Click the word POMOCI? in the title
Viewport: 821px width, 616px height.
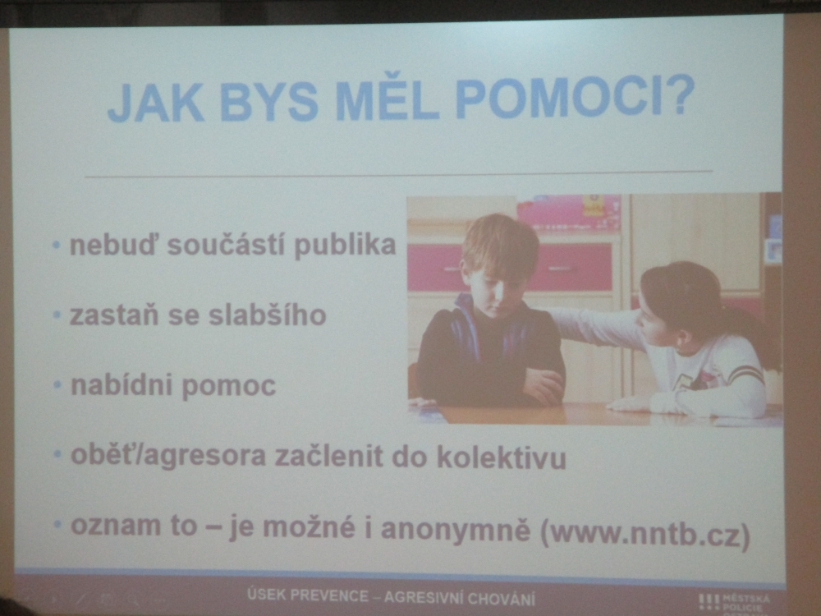(575, 97)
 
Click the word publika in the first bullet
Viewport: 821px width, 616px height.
(345, 245)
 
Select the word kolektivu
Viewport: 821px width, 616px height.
(502, 457)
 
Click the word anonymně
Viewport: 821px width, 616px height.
(456, 529)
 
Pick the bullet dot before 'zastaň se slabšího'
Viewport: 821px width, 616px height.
(57, 315)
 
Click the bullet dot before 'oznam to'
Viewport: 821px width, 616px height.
(57, 524)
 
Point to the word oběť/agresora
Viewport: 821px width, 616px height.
(168, 455)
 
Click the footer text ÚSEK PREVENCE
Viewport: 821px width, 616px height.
(308, 595)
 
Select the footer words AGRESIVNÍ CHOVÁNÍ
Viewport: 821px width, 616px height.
(460, 598)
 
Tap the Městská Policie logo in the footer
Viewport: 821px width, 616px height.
(734, 604)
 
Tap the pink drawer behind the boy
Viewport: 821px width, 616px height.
(571, 267)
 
